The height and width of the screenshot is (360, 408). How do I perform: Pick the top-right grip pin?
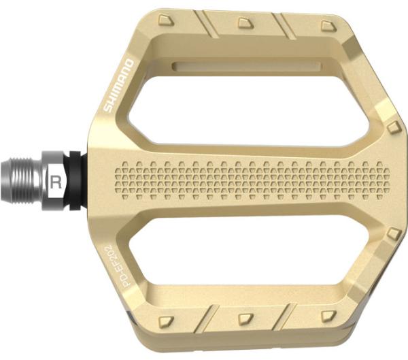pos(326,26)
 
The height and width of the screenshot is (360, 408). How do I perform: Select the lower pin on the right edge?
pos(392,233)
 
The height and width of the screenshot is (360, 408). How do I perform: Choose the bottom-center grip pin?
pos(248,317)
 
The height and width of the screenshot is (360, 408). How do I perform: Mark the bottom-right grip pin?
pos(328,315)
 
